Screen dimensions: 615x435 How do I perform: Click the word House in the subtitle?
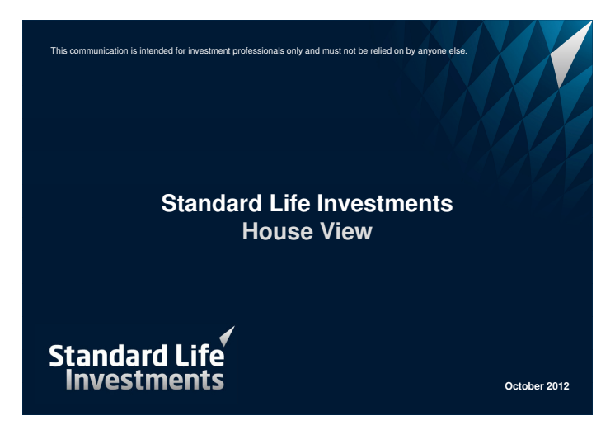[277, 231]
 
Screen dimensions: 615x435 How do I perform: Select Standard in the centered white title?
[211, 203]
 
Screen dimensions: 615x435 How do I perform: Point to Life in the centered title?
[289, 203]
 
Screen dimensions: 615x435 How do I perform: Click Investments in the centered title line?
[385, 203]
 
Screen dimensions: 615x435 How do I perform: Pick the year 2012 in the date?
[558, 386]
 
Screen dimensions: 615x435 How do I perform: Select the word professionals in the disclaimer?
[258, 51]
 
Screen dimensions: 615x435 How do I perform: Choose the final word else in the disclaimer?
[458, 50]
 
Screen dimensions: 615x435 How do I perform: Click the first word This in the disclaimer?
[59, 50]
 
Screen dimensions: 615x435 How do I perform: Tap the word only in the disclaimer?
[294, 51]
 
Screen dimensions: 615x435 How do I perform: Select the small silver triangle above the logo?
[227, 336]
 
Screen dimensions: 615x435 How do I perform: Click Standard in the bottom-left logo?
[108, 356]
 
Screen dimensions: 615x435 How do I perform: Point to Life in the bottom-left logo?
[200, 355]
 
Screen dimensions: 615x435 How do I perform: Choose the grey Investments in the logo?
[145, 380]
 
